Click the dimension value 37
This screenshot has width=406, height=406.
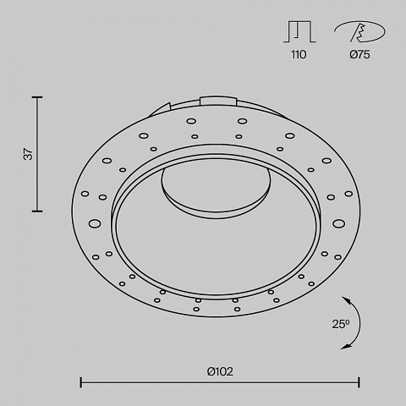click(x=29, y=154)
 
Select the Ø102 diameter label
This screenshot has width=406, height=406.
click(x=220, y=371)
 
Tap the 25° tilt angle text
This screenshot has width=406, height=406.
click(x=341, y=324)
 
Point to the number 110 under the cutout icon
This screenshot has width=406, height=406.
click(x=299, y=54)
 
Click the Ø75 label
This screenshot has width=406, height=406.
click(x=359, y=54)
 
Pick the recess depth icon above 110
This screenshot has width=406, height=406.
click(x=299, y=31)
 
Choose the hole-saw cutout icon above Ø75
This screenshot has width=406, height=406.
click(x=359, y=31)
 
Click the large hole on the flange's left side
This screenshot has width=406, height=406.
click(x=95, y=223)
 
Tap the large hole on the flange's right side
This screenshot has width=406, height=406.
click(x=338, y=223)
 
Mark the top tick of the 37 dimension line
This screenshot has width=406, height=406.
click(x=37, y=97)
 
